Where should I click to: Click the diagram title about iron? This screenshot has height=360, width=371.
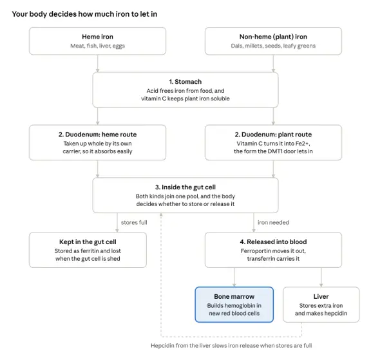click(84, 14)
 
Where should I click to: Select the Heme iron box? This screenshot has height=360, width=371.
click(97, 41)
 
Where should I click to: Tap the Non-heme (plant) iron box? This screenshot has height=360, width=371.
click(273, 41)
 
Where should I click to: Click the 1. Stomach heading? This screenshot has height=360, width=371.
click(185, 82)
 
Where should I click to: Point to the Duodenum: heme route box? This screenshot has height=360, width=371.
click(97, 142)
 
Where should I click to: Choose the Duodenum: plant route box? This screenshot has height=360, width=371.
click(273, 142)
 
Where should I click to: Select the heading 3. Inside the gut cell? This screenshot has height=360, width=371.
click(185, 187)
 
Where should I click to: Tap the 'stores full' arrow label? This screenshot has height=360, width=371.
click(134, 223)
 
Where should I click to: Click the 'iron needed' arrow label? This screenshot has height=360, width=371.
click(273, 223)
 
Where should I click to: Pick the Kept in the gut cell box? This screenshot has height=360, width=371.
click(88, 250)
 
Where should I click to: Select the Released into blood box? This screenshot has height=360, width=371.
click(273, 250)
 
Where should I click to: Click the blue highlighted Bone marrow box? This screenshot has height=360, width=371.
click(234, 305)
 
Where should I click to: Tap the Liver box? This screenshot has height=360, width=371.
click(321, 305)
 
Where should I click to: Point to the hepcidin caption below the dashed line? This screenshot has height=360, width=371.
click(231, 346)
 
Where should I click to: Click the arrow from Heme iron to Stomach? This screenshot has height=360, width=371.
click(97, 64)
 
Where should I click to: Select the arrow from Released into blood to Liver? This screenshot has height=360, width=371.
click(321, 277)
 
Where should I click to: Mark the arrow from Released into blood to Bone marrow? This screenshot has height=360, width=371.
click(234, 277)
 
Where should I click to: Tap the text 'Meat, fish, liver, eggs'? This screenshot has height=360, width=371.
click(97, 46)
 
